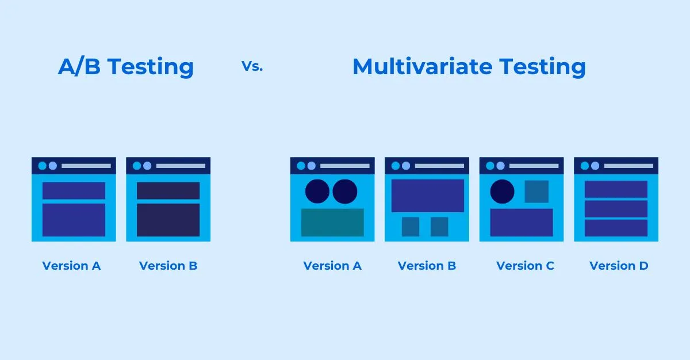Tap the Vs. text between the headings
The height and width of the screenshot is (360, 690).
[252, 66]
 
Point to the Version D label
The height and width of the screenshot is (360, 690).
[619, 266]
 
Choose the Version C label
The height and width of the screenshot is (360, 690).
[525, 266]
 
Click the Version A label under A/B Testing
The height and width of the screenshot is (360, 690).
[71, 266]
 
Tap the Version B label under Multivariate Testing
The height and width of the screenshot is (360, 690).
[427, 266]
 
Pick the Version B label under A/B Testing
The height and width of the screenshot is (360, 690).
[168, 266]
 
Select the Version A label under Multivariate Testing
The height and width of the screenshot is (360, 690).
[332, 266]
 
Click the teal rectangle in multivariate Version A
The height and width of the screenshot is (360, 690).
[332, 222]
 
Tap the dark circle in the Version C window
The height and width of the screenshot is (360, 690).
[502, 192]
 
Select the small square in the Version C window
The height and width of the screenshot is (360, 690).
[536, 192]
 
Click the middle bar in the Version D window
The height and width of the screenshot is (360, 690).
[616, 208]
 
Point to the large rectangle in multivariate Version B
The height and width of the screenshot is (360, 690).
[427, 196]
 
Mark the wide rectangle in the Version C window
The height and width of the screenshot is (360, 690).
[522, 223]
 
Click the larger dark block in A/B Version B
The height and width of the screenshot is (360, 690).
[168, 220]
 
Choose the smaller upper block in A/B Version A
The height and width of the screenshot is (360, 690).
[74, 191]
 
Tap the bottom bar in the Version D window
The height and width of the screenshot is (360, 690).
[616, 228]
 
